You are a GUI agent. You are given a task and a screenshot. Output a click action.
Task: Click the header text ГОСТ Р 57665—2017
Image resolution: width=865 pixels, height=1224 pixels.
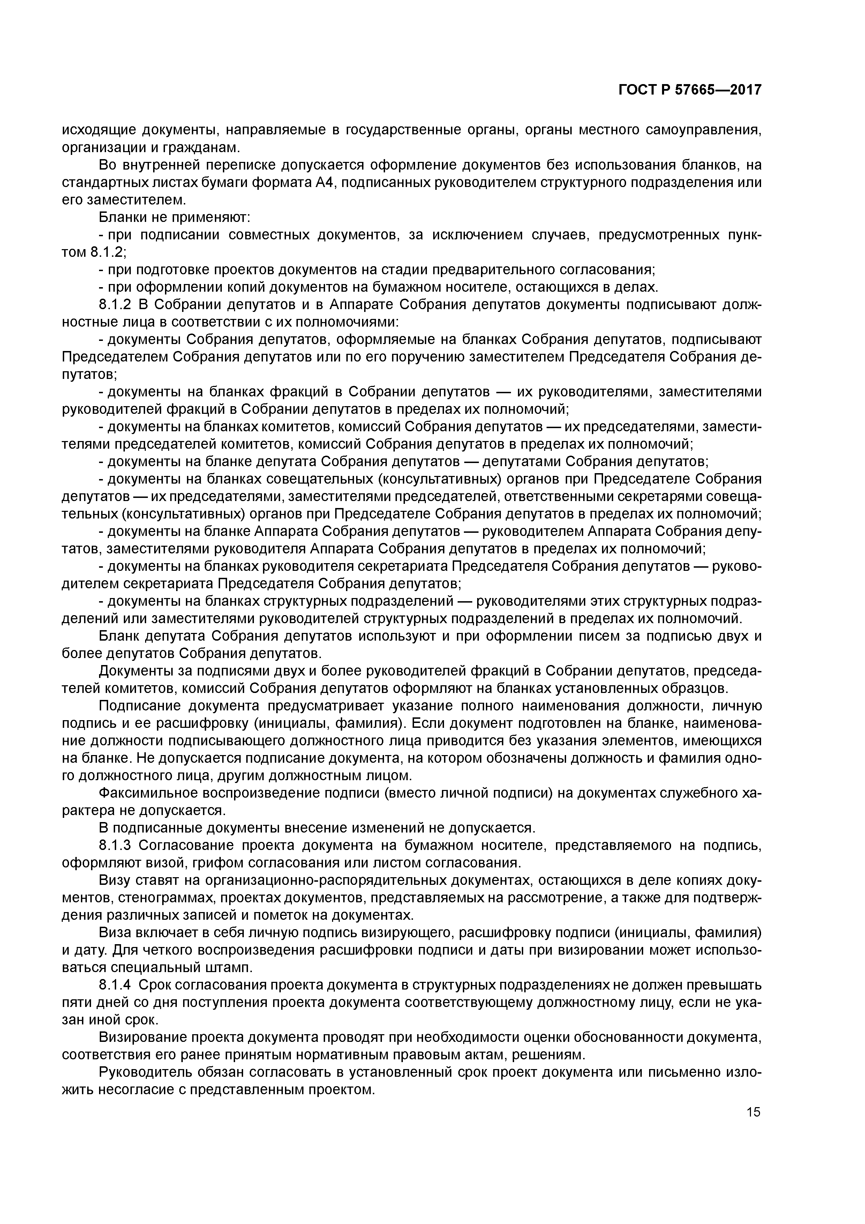pos(690,90)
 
